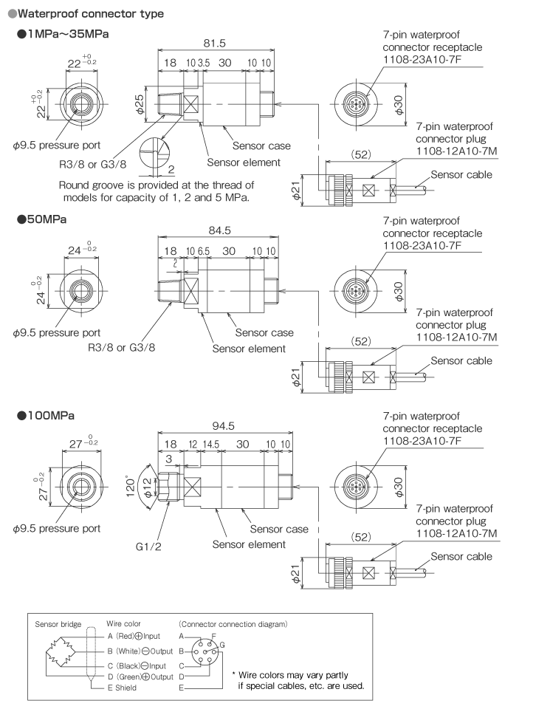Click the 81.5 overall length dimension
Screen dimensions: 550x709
(214, 44)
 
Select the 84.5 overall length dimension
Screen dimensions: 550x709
(220, 230)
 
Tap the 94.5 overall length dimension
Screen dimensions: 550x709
(223, 426)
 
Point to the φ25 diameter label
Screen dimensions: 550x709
(140, 104)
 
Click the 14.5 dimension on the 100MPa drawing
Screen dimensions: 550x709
(210, 445)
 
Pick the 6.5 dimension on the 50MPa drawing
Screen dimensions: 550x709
(203, 251)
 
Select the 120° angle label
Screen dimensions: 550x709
(130, 486)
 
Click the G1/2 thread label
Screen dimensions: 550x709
(148, 547)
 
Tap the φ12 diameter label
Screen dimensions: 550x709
(148, 488)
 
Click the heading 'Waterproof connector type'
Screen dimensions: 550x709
(90, 13)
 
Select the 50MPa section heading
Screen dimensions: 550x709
(47, 219)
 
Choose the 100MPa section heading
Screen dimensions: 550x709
(51, 416)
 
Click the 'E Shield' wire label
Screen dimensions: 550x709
(122, 688)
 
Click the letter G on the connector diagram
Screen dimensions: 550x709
(222, 645)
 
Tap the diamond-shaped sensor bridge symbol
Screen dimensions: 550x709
(60, 651)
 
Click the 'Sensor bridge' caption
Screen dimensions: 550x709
(58, 624)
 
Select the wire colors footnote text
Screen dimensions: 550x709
(298, 680)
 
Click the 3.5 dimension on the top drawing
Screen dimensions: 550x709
(204, 63)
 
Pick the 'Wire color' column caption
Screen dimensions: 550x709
(123, 623)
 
